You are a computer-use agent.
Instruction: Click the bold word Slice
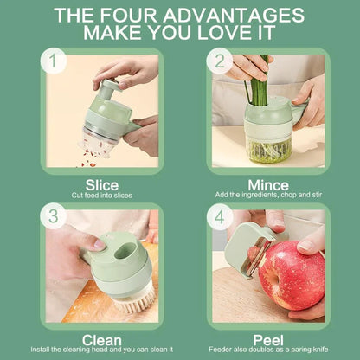103,185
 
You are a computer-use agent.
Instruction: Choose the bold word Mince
268,185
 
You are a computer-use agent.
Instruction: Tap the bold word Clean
102,340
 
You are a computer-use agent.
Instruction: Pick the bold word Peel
268,340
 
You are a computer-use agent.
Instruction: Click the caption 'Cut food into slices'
102,196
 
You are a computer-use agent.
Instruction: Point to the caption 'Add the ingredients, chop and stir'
268,196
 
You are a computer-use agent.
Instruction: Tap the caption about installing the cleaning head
102,351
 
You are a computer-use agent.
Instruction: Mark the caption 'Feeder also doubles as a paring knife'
268,351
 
